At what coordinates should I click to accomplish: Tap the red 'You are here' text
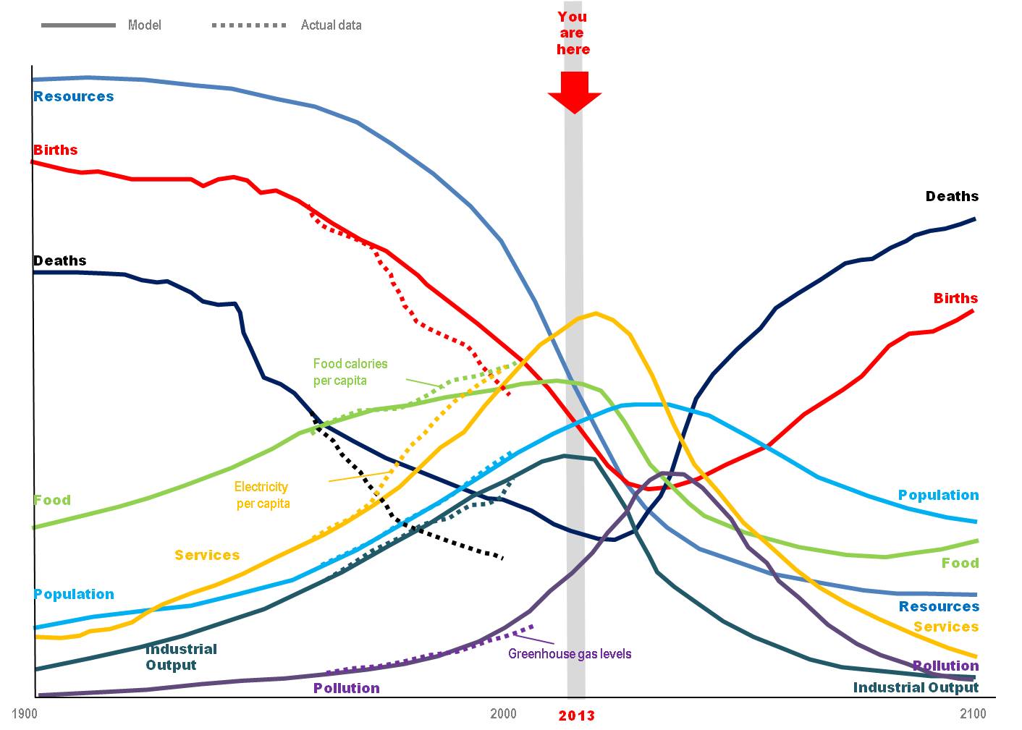coord(573,33)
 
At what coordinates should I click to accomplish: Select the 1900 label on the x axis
coord(25,714)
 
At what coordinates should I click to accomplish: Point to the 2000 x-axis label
coord(504,714)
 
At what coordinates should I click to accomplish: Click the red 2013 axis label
coord(576,716)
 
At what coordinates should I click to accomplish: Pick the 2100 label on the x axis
coord(973,714)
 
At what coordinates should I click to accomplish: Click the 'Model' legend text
coord(145,25)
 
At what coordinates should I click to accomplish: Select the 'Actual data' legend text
coord(331,25)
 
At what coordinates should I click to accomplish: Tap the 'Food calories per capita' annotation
coord(350,372)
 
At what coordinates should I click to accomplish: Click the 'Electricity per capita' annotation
coord(262,495)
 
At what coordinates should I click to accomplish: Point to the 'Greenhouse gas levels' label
coord(570,654)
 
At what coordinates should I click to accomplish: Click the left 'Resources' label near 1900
coord(74,97)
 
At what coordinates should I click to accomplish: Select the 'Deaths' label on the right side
coord(952,196)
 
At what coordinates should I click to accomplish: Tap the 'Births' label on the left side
coord(56,150)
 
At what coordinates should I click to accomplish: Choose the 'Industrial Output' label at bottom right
coord(916,687)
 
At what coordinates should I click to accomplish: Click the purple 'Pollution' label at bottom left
coord(347,688)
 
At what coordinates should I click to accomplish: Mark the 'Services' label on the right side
coord(946,627)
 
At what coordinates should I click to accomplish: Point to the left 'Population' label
coord(74,594)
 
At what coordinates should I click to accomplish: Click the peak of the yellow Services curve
coord(596,313)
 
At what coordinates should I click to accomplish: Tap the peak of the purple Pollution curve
coord(670,473)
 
